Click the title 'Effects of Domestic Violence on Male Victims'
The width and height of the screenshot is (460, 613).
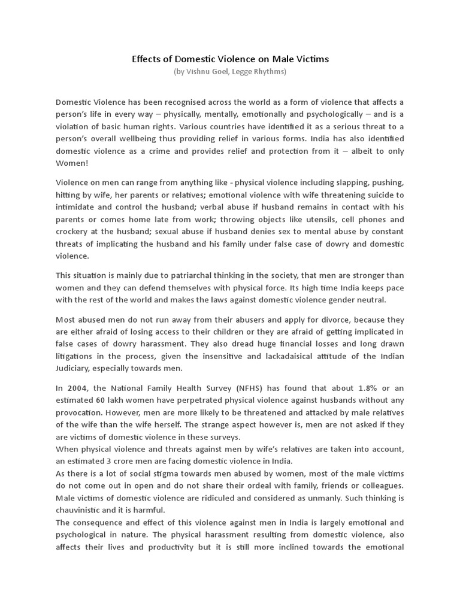pyautogui.click(x=230, y=59)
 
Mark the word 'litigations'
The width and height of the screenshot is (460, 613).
pyautogui.click(x=77, y=356)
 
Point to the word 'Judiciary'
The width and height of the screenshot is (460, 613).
pyautogui.click(x=75, y=368)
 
